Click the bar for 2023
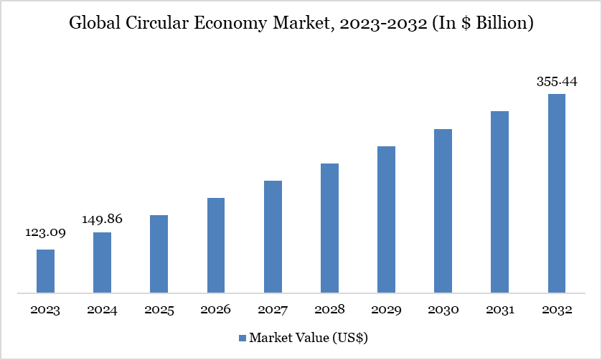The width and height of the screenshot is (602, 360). pos(45,271)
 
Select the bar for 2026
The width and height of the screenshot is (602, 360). pos(216,245)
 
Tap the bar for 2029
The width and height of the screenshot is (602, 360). pos(386,219)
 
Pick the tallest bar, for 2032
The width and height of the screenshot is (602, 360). pos(557,194)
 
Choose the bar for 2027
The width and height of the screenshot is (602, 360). pos(273,237)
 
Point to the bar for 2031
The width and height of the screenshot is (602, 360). pos(499,202)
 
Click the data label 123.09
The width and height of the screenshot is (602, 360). pos(45,233)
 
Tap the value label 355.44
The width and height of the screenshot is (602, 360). pos(557,81)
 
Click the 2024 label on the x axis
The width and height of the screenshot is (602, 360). pos(102,311)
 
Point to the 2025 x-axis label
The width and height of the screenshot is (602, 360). pos(159,311)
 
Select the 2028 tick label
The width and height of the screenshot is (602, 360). pos(329,311)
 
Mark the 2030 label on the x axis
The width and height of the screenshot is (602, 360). pos(443,311)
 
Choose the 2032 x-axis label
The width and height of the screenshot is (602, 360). pos(557,311)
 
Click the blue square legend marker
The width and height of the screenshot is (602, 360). pos(243,337)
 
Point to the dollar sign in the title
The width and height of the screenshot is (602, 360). pos(458,23)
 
